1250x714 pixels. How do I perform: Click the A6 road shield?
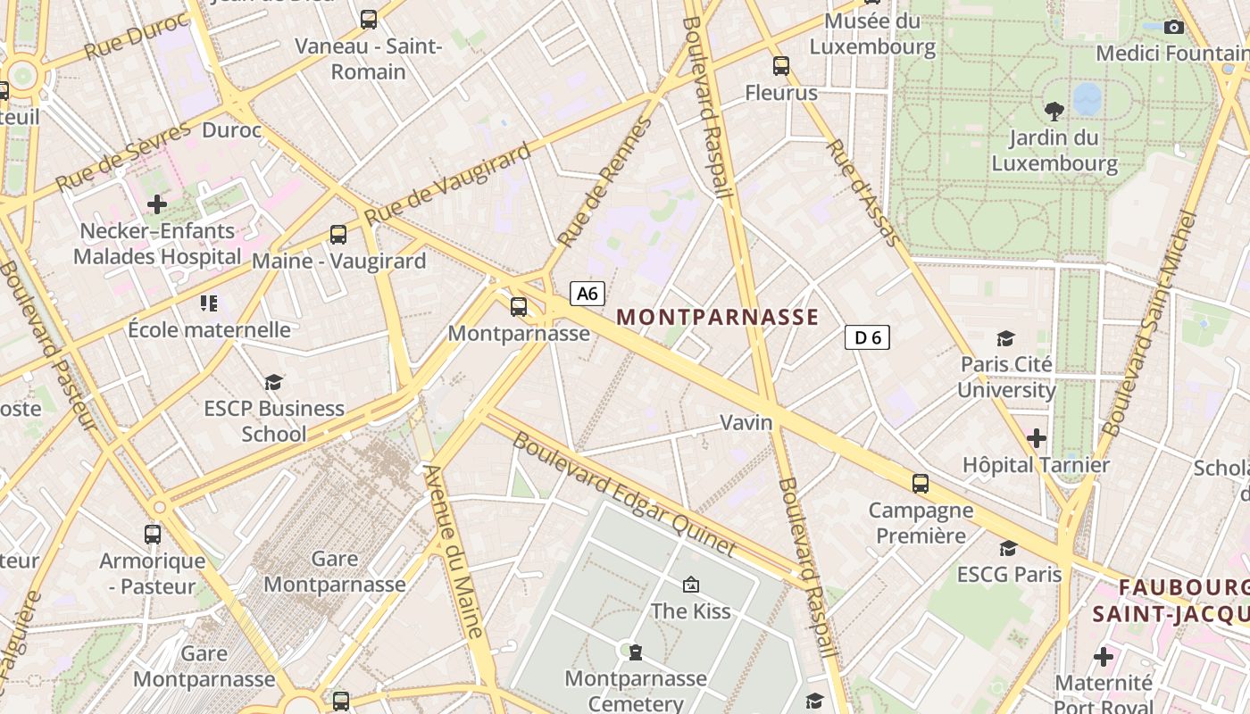(587, 294)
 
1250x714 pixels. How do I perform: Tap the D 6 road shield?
(867, 337)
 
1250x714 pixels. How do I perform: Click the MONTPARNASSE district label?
(717, 317)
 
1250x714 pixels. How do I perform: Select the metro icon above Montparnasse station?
(519, 307)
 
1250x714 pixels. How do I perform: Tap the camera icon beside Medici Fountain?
(1174, 28)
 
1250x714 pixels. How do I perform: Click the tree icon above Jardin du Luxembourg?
(1054, 112)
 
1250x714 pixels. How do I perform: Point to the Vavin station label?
(746, 422)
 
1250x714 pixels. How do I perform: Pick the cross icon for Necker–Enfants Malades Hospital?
(157, 204)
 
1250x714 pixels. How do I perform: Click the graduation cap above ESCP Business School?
(273, 382)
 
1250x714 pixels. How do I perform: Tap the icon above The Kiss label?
(690, 585)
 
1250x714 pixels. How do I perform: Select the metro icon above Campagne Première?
(921, 484)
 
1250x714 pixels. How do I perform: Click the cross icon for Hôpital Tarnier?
(1037, 438)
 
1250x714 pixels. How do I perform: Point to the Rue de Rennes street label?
(606, 182)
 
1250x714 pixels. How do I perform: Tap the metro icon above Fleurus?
(781, 65)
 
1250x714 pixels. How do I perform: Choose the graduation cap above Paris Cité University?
(1006, 338)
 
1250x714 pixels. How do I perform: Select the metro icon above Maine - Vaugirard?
(338, 235)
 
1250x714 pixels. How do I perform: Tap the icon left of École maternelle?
(209, 303)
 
